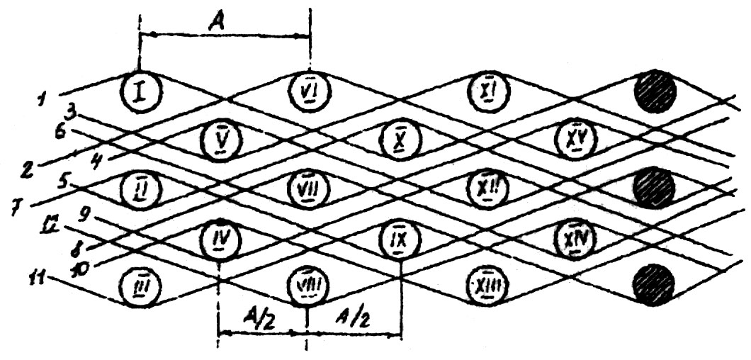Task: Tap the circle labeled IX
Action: coord(399,237)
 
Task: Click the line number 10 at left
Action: coord(84,270)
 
